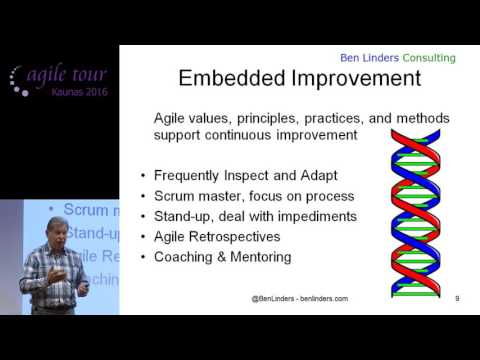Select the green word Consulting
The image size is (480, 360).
pyautogui.click(x=426, y=57)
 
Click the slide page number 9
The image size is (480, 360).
pyautogui.click(x=456, y=298)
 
